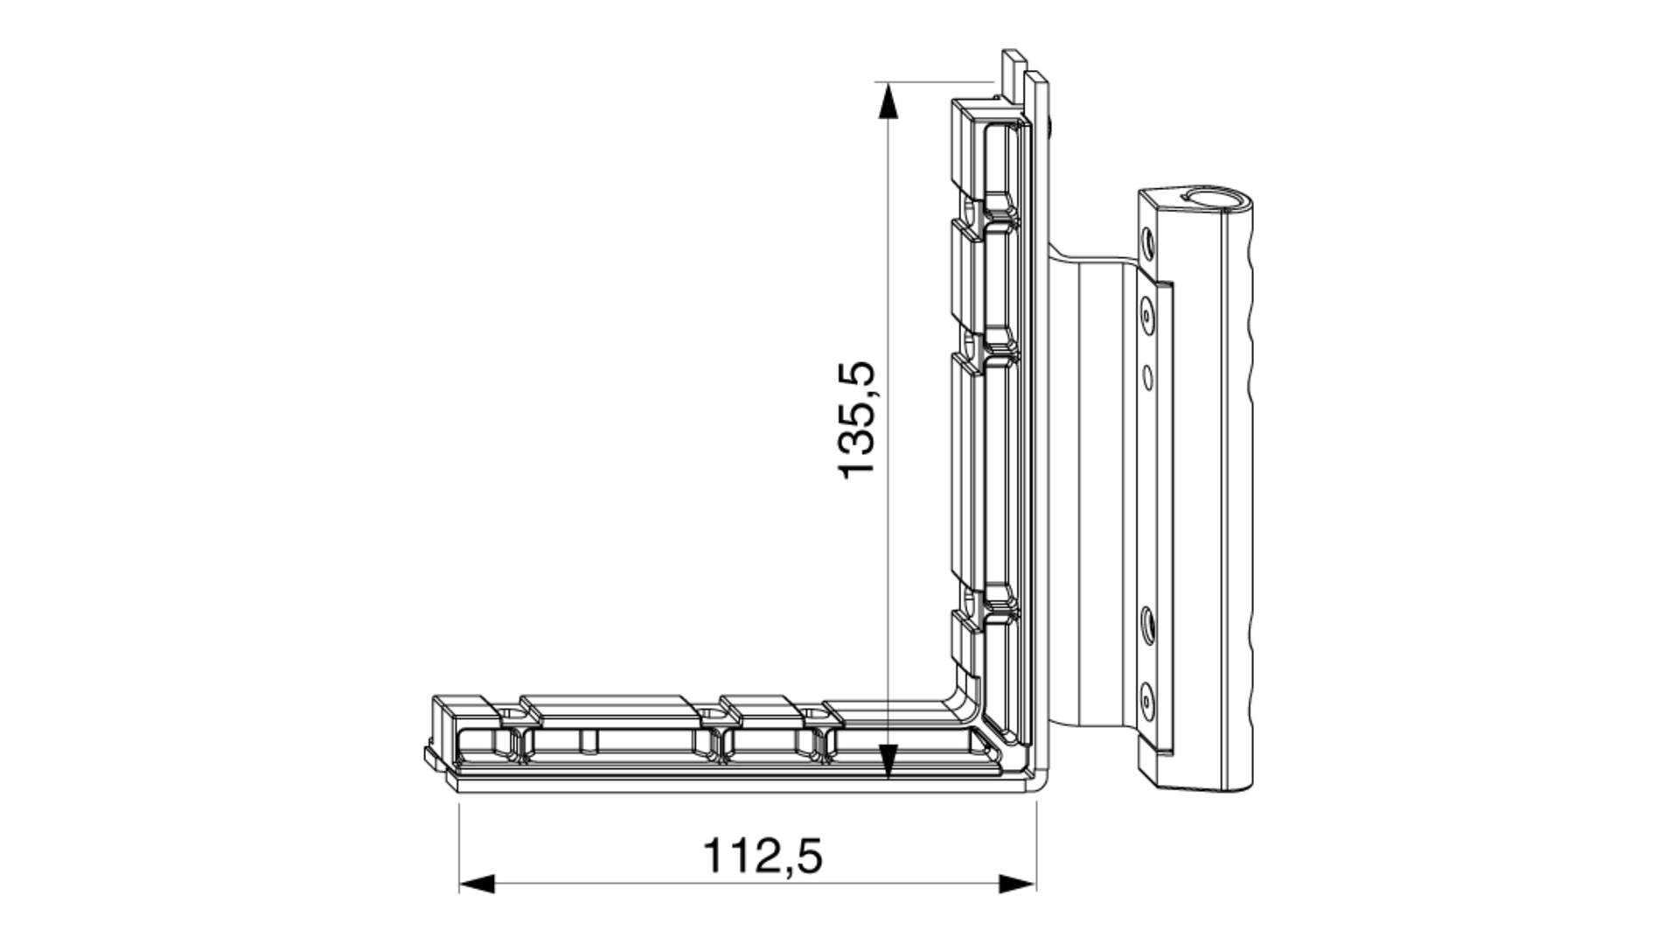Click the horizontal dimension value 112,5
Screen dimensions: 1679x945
point(763,856)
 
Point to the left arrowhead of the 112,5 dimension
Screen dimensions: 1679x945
point(477,883)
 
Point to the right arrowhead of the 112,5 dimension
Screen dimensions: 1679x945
point(1018,883)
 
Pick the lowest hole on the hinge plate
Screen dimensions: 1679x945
point(1146,697)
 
